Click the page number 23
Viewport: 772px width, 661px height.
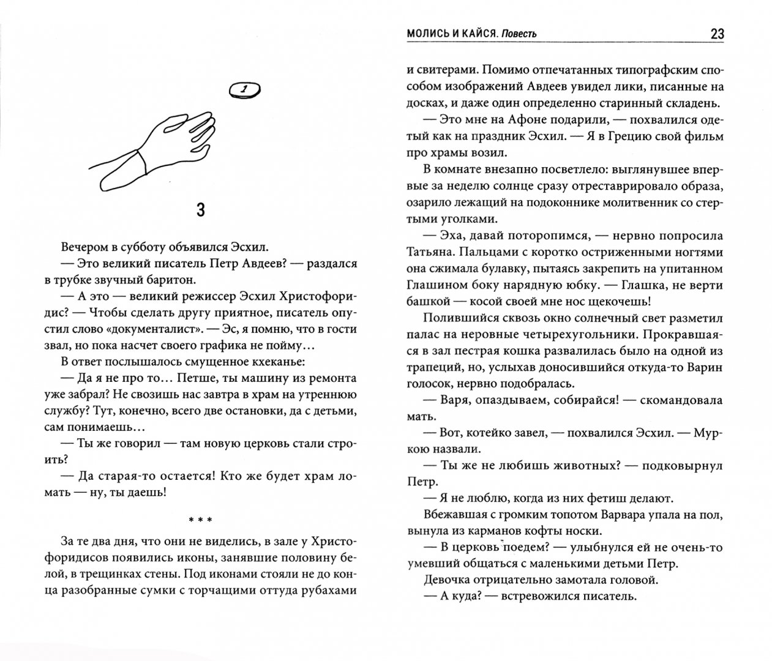(x=717, y=34)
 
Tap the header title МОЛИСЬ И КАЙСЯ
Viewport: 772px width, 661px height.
(x=444, y=34)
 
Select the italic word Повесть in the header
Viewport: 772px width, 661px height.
(x=519, y=34)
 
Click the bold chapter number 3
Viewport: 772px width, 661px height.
(x=200, y=211)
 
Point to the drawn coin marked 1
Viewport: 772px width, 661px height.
(x=244, y=91)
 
